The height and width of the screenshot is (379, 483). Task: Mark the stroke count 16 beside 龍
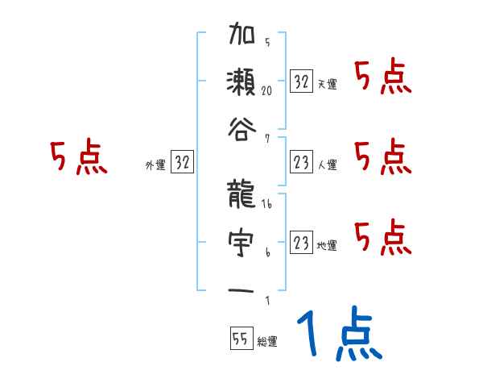click(x=268, y=206)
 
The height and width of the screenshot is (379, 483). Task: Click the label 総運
click(x=267, y=342)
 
